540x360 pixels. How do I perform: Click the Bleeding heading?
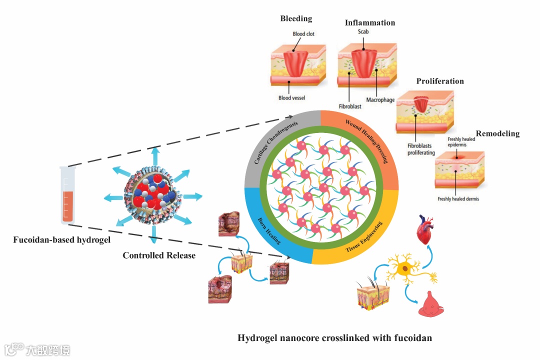296,18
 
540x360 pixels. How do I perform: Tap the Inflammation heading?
370,22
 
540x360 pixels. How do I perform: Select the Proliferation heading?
440,81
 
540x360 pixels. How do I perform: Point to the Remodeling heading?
497,133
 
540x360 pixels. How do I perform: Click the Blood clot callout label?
303,34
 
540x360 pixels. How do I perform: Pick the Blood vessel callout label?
291,98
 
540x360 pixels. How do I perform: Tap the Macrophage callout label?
381,100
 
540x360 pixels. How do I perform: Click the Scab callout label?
363,31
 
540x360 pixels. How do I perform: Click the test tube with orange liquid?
66,195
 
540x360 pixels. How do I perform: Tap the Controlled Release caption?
159,255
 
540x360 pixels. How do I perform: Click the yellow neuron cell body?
404,270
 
